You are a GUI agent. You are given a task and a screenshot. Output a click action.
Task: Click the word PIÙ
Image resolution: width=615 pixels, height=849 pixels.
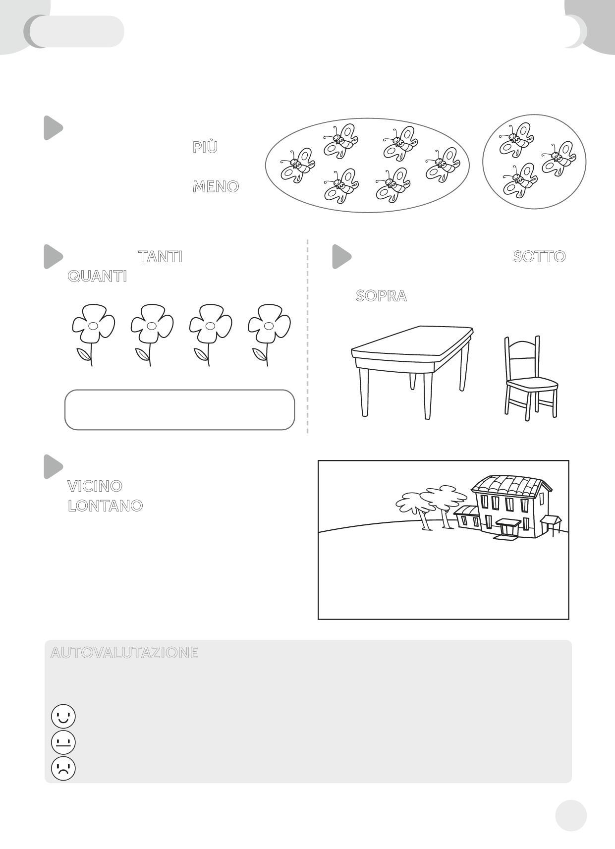coord(205,147)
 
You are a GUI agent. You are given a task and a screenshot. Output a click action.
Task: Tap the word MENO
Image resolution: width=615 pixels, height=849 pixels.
coord(216,186)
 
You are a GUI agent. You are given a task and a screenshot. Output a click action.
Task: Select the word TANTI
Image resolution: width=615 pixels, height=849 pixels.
coord(160,257)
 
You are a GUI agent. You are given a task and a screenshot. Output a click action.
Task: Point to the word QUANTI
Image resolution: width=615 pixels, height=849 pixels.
coord(97,276)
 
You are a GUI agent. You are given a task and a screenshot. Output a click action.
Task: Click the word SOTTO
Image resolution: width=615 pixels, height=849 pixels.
coord(540,257)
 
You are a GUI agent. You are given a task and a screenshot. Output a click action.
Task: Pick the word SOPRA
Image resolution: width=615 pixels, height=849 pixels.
coord(381,295)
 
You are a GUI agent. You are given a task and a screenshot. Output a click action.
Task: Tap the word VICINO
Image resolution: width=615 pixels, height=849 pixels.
coord(95,486)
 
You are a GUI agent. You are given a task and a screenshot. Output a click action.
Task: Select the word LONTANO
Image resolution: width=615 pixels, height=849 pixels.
coord(106,506)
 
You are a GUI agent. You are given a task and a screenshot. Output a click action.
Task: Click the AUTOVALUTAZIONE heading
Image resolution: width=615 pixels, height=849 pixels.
coord(124,653)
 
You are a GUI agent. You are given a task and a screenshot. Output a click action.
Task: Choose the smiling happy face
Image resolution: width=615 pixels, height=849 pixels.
coord(63,716)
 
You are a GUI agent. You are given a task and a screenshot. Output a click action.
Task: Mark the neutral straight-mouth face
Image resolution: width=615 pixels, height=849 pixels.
coord(63,742)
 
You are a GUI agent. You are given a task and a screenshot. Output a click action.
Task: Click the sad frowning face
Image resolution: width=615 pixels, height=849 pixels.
coord(63,768)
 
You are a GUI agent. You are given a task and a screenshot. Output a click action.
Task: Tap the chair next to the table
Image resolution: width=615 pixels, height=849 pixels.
coord(530,378)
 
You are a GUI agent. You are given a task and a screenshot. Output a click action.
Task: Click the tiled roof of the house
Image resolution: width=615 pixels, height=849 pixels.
coord(511,486)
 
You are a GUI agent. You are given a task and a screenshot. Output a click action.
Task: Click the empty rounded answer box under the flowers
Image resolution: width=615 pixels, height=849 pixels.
coord(179,410)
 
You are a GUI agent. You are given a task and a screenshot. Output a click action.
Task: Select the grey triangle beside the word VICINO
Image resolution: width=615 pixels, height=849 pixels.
coord(53,466)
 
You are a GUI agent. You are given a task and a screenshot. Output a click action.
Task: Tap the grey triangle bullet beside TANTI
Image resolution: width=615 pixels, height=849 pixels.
coord(53,257)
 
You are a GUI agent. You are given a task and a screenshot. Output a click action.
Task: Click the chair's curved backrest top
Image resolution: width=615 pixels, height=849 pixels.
coord(521,344)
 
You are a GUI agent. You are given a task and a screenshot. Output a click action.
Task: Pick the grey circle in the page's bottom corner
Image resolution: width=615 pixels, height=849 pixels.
coord(571,816)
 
